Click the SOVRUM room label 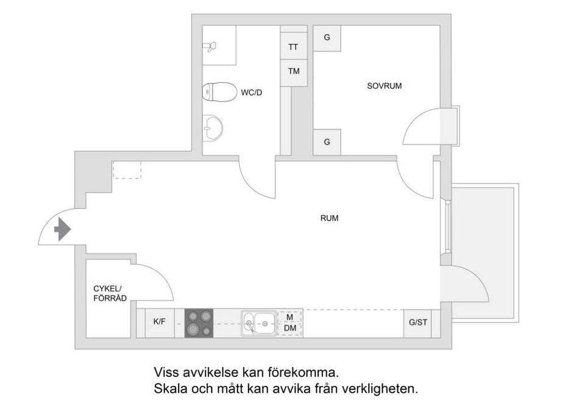click(384, 86)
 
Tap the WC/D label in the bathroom click(251, 93)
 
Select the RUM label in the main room click(329, 218)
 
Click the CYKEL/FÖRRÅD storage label click(110, 293)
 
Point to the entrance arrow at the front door click(63, 229)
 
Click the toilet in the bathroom click(219, 92)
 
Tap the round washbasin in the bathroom click(213, 128)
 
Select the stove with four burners click(199, 323)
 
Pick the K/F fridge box click(159, 321)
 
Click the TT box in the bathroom click(294, 46)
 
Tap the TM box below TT click(294, 71)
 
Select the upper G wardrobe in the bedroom click(327, 38)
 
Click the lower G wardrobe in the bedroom click(327, 142)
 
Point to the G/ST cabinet click(417, 323)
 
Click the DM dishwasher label click(290, 329)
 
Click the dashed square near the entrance click(127, 170)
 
